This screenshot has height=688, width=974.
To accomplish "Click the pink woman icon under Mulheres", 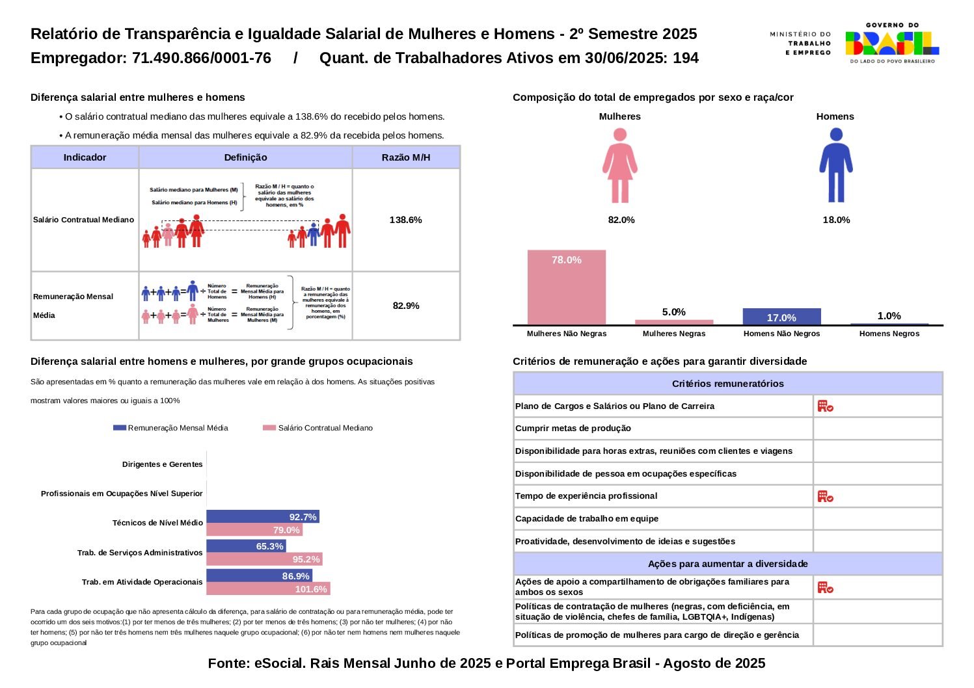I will (x=619, y=166).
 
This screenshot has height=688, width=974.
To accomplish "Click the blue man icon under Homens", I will (x=835, y=166).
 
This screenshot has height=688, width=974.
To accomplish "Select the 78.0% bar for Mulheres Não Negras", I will (x=566, y=287).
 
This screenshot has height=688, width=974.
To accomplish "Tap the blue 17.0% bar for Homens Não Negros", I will (x=781, y=317).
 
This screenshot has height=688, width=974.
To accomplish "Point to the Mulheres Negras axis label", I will (x=673, y=334).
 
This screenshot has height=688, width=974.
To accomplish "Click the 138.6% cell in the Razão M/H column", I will (x=405, y=220).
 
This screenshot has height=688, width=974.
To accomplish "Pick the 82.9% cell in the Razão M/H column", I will (x=405, y=306).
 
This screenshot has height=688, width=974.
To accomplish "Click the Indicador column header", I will (x=85, y=157).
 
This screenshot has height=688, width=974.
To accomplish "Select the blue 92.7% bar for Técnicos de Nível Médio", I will (x=262, y=517).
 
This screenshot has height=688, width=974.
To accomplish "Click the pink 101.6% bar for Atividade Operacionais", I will (x=268, y=589).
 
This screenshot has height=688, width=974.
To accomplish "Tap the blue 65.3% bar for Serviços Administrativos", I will (x=246, y=546).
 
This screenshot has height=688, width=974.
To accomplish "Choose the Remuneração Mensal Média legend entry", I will (x=171, y=428).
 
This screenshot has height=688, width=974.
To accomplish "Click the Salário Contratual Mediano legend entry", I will (x=318, y=428).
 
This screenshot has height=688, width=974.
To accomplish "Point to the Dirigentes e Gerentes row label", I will (x=162, y=464).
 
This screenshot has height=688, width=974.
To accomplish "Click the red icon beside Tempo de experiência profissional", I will (x=825, y=497).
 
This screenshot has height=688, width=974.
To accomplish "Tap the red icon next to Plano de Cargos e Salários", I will (x=825, y=406).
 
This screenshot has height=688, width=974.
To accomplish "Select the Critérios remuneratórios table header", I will (x=727, y=384).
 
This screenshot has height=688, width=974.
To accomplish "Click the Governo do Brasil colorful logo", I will (x=892, y=43).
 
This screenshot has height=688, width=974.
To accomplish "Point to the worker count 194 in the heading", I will (x=686, y=58).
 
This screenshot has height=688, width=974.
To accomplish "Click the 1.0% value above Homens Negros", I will (x=889, y=316).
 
